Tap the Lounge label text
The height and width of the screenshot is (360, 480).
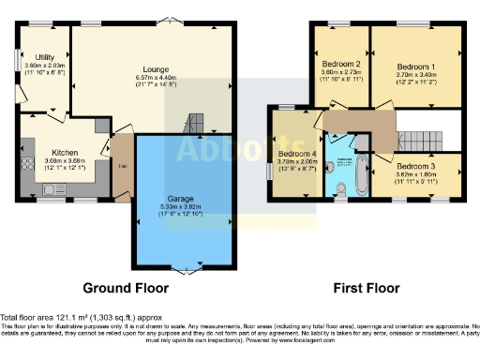(156, 68)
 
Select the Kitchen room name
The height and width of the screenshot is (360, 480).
(64, 151)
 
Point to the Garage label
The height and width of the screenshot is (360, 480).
(181, 200)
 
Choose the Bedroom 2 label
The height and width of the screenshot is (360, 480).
(340, 64)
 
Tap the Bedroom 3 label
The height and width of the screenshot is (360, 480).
(415, 166)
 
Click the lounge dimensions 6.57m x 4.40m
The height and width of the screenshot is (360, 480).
(156, 79)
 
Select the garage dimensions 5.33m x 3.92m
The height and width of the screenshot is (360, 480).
(181, 209)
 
